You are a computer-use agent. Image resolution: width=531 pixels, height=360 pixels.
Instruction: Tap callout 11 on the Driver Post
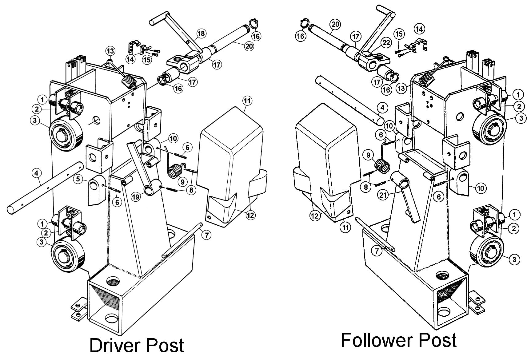[x=247, y=101]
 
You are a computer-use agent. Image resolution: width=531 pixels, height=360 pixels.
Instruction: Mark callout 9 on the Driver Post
[x=182, y=182]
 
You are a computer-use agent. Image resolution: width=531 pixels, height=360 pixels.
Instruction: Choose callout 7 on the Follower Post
[x=377, y=251]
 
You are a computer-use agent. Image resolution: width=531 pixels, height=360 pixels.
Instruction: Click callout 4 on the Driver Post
[x=36, y=174]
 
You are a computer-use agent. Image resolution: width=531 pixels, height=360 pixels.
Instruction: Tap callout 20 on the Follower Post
[x=335, y=24]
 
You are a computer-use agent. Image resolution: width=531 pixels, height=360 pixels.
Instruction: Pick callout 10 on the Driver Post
[x=173, y=138]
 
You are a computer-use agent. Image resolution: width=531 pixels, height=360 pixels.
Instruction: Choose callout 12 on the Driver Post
[x=251, y=215]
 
